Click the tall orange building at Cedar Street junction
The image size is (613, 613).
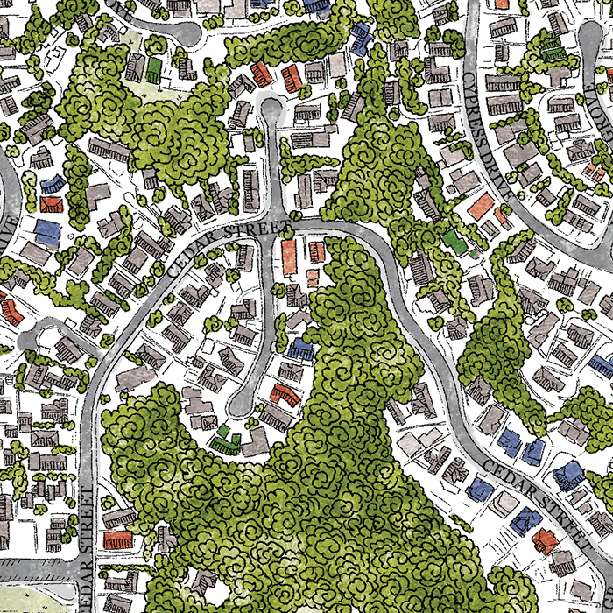coord(289,257)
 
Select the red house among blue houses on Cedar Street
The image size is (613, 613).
coord(544,539)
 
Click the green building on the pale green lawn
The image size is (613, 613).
coord(155,67)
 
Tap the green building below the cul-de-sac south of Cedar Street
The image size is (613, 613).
coord(227,437)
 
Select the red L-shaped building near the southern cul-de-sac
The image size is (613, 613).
coord(284,393)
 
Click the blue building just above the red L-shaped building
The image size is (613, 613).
coord(301,350)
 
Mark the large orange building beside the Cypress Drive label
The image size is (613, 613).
coord(481,207)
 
